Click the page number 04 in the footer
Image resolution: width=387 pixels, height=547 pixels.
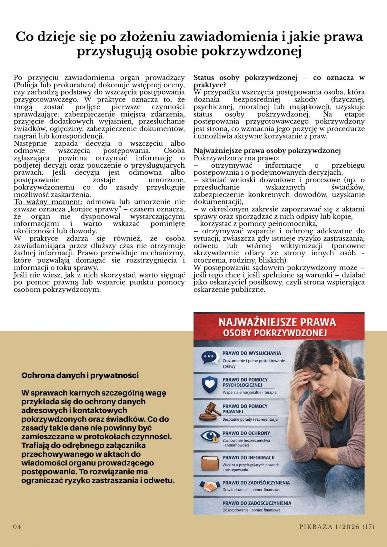17,527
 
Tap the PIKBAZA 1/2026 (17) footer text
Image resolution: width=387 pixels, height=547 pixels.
337,527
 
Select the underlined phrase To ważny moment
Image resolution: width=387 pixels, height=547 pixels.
48,202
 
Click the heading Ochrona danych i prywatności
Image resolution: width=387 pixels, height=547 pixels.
80,375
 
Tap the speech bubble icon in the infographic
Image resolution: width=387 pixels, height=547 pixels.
208,357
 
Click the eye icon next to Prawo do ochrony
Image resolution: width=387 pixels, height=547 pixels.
208,436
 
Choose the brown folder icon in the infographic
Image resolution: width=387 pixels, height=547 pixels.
209,463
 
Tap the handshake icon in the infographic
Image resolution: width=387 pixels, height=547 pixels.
209,485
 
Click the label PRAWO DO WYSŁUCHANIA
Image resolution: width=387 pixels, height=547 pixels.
252,353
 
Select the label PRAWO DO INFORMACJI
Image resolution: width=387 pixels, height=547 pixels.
248,457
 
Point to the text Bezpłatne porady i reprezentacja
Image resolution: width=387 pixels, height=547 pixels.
250,419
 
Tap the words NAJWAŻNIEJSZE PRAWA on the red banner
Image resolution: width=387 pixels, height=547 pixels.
277,322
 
